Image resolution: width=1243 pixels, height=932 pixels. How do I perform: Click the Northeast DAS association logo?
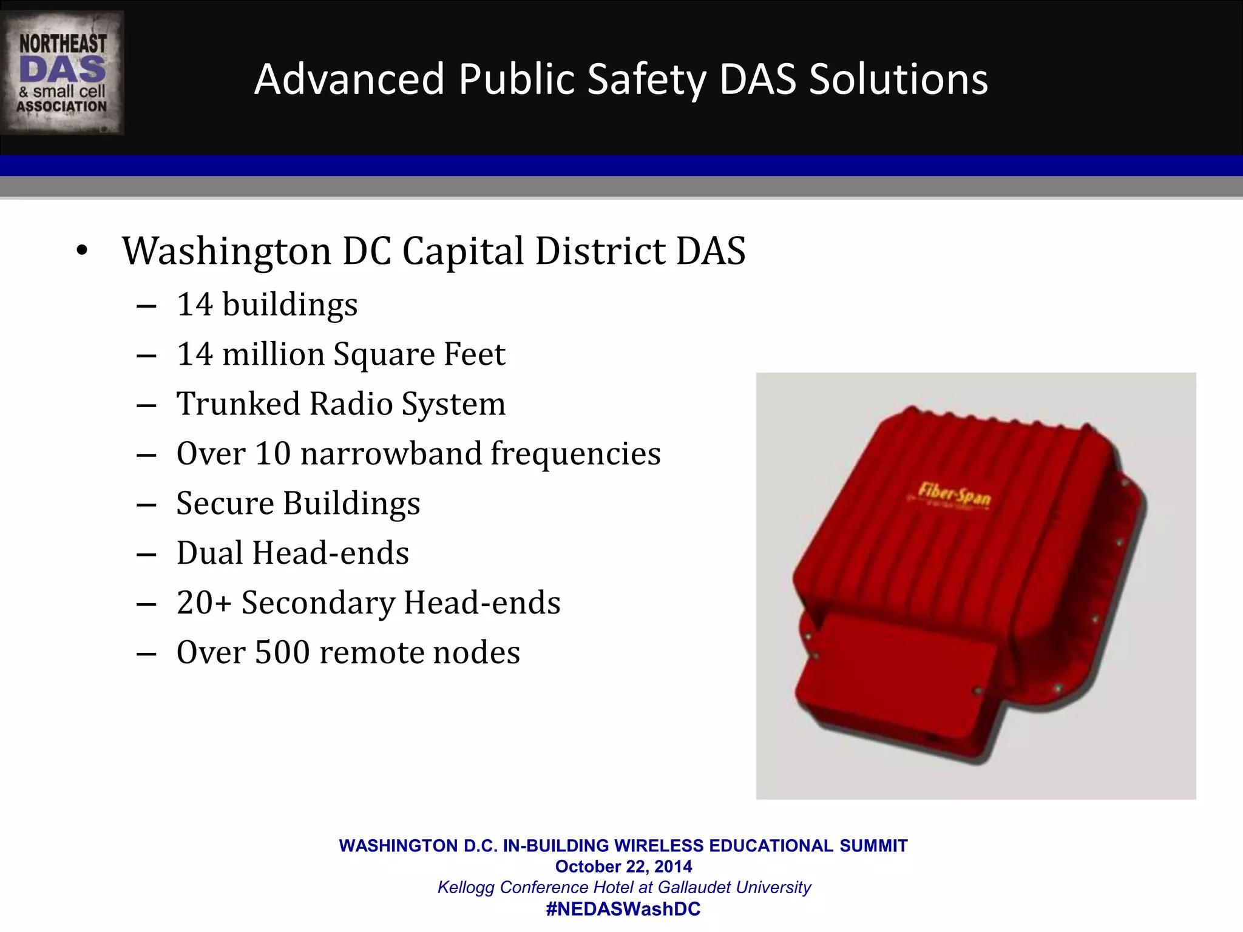[x=62, y=73]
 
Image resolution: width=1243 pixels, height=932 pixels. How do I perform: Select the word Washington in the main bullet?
[x=226, y=251]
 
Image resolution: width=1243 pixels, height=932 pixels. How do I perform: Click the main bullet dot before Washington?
[x=82, y=251]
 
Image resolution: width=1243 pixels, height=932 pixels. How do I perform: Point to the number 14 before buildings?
[x=194, y=305]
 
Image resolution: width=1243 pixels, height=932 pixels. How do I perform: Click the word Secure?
[x=225, y=504]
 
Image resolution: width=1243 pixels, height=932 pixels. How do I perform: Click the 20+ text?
[x=204, y=603]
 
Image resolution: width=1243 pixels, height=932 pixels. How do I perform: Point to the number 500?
[x=282, y=653]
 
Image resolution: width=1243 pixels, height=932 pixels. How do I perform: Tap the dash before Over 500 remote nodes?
[x=147, y=654]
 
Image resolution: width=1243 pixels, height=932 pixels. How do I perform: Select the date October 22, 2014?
[x=623, y=866]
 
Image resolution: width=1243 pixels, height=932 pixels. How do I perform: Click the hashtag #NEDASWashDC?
[x=623, y=909]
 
